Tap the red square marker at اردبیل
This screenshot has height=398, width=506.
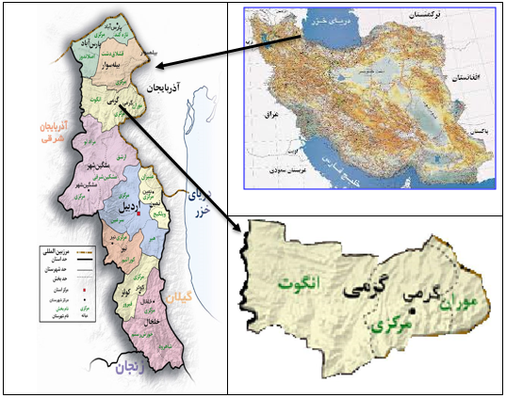click(x=138, y=215)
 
